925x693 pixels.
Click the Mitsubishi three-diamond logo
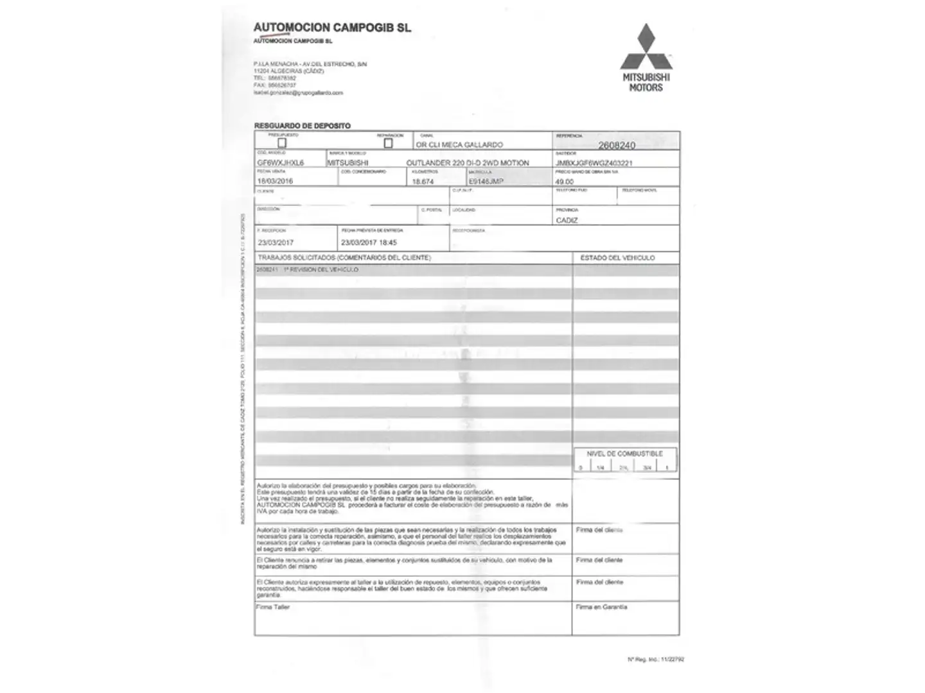(x=646, y=47)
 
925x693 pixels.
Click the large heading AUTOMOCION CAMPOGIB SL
(x=332, y=28)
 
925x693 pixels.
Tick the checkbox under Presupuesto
(x=281, y=143)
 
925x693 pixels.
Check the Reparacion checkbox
(x=388, y=143)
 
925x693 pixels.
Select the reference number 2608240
(x=617, y=146)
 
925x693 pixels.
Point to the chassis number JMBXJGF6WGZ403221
(x=594, y=163)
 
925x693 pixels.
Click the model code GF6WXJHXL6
(x=280, y=163)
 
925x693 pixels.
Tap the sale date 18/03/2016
(x=275, y=181)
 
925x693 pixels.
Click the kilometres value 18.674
(x=423, y=182)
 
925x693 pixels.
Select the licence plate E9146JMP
(x=486, y=182)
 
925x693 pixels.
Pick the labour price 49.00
(x=565, y=182)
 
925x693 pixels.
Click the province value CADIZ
(x=567, y=220)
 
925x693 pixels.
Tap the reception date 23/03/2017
(x=276, y=243)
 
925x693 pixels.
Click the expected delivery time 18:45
(x=388, y=243)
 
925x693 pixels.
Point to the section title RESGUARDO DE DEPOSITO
(x=303, y=126)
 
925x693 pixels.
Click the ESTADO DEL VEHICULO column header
(x=617, y=258)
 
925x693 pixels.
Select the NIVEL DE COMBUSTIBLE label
(x=624, y=454)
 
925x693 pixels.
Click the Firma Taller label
(x=273, y=607)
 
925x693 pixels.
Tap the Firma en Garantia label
(x=601, y=607)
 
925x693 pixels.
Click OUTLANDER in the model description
(x=428, y=163)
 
